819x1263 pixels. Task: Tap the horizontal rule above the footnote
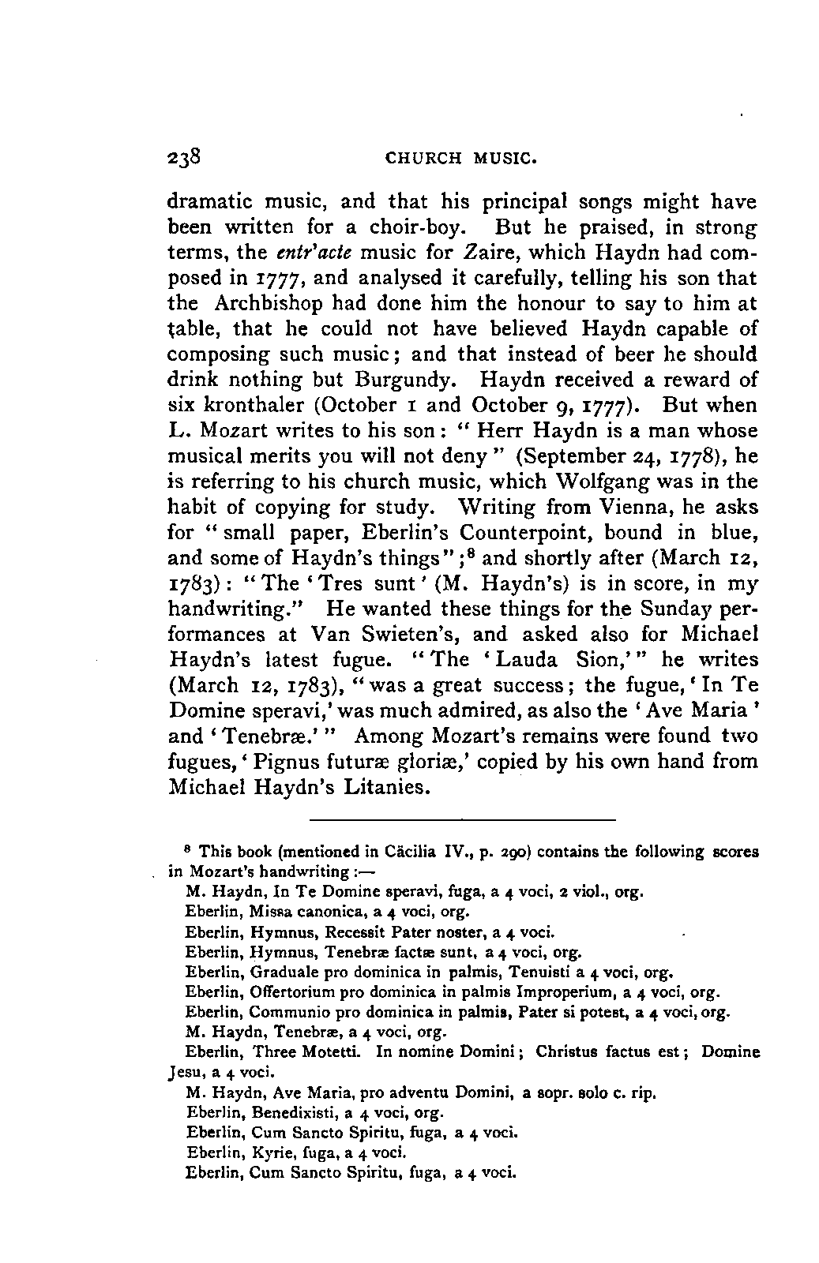pyautogui.click(x=461, y=819)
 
